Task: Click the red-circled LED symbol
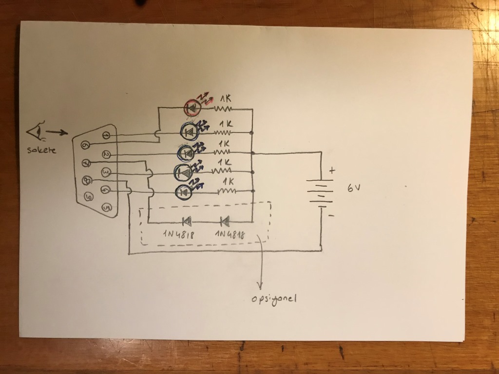(192, 107)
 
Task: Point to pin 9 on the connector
(89, 197)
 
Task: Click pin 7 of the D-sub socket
(85, 163)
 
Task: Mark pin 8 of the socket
(87, 180)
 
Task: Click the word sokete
(41, 150)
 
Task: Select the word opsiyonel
(273, 299)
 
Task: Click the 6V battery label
(354, 188)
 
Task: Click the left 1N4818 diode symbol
(186, 222)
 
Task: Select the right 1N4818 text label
(230, 235)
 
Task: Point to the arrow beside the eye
(58, 132)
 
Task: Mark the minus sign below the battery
(331, 215)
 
